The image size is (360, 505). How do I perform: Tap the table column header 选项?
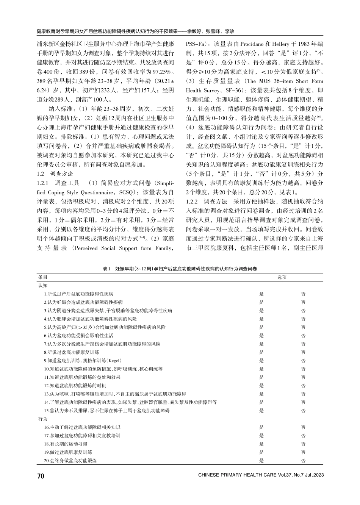(x=282, y=277)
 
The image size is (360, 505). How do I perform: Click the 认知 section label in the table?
(x=43, y=285)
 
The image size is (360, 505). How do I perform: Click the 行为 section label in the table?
(x=43, y=419)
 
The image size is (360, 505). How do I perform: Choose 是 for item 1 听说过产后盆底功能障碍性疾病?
(x=261, y=294)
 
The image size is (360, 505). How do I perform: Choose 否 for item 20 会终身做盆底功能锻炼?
(x=303, y=461)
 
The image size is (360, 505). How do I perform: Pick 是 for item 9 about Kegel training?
(x=261, y=360)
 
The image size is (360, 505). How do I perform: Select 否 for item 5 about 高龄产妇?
(x=303, y=327)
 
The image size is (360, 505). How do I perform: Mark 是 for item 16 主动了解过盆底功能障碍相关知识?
(x=261, y=427)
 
